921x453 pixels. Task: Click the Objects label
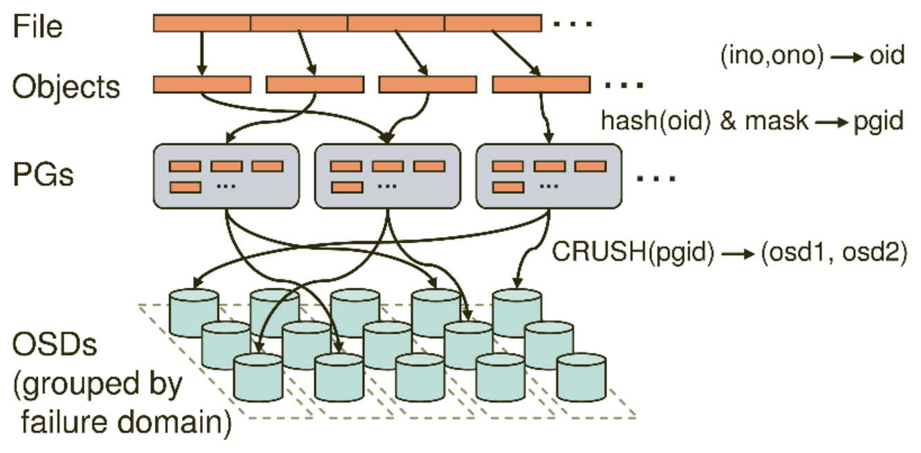[66, 87]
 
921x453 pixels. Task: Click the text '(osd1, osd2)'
[834, 252]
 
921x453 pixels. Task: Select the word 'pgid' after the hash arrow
[878, 121]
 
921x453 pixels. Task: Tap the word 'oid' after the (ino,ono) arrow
[887, 55]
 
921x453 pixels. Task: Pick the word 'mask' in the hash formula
[776, 121]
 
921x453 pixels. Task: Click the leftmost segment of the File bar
[201, 23]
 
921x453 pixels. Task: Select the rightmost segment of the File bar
[492, 23]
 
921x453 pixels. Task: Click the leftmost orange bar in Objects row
[201, 84]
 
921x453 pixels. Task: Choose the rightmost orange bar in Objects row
[541, 84]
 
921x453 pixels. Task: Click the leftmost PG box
[226, 175]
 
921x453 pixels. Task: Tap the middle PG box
[388, 175]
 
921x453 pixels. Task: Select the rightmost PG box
[549, 175]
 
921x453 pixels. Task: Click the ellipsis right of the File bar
[573, 26]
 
